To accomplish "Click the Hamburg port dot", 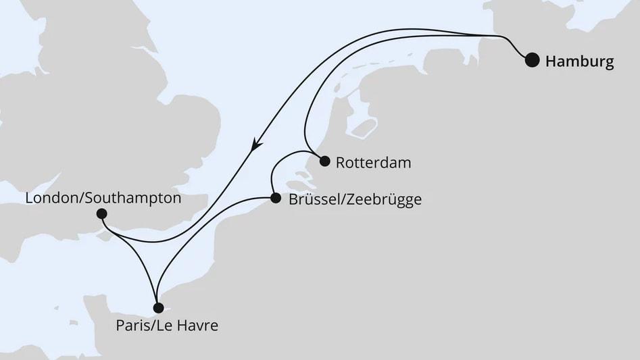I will click(533, 60).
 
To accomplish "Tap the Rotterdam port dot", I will click(324, 161).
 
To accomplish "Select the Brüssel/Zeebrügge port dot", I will click(275, 199).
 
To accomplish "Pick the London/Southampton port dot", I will click(101, 214).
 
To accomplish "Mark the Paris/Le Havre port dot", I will click(158, 308).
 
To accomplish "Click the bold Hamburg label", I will click(579, 61).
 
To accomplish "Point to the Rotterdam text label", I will click(373, 163).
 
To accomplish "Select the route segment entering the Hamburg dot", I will click(517, 47).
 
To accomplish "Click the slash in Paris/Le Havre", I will click(149, 326).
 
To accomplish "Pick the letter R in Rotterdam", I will click(340, 163).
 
